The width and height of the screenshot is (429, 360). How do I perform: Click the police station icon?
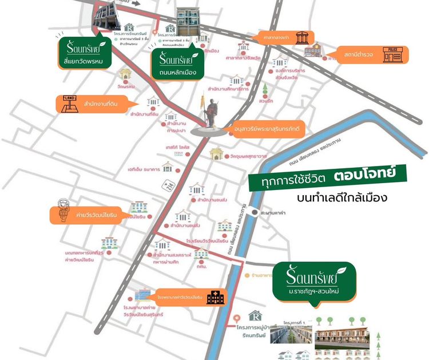(x=396, y=54)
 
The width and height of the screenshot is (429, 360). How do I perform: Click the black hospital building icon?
(x=217, y=297)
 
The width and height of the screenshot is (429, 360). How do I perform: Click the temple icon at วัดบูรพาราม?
(x=216, y=155)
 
